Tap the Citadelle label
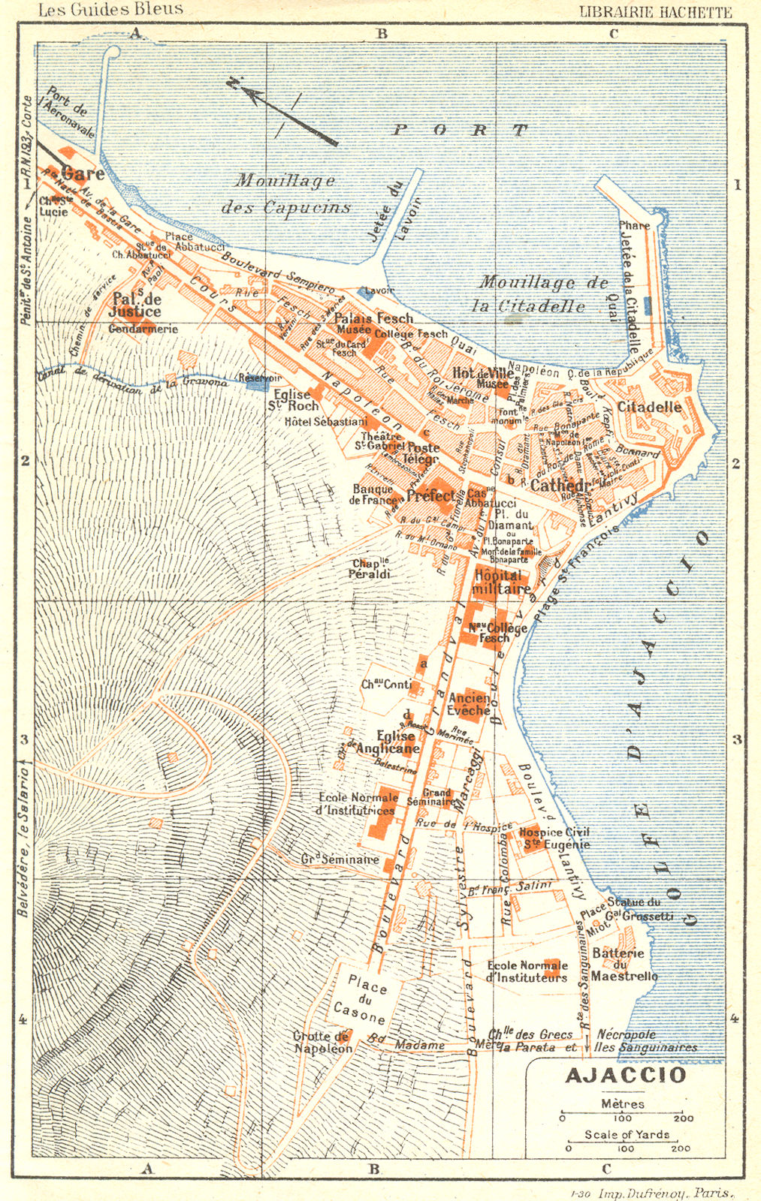coord(650,408)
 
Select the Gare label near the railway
coord(83,173)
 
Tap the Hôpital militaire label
coord(501,582)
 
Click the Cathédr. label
coord(563,486)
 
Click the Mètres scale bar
coord(623,1117)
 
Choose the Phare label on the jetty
coord(635,224)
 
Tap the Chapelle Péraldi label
coord(372,569)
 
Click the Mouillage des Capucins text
coord(285,194)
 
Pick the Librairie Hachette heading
coord(655,11)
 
